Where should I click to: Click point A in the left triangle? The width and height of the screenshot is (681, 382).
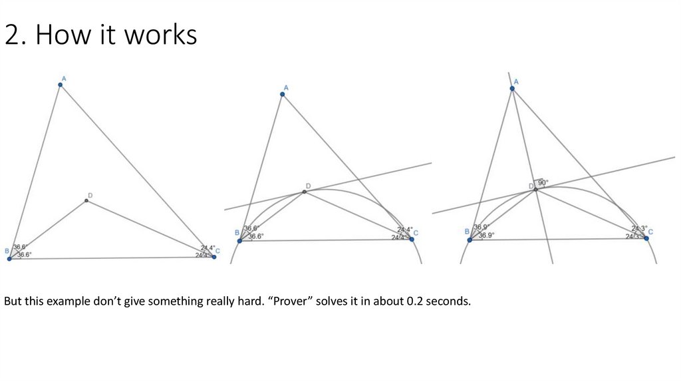pos(60,85)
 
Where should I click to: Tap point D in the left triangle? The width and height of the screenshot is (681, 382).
pos(86,200)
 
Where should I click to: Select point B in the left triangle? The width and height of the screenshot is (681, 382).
pos(9,258)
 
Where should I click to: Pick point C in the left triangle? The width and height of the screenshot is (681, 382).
pos(214,256)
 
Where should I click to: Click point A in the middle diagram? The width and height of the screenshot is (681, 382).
pos(283,95)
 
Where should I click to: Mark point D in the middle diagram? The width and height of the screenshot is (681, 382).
pos(305,192)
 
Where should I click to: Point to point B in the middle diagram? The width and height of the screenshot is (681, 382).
pos(239,240)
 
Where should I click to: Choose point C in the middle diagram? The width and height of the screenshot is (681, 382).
pos(412,239)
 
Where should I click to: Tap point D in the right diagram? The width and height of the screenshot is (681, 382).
pos(535,190)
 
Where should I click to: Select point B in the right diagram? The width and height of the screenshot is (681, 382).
pos(470,239)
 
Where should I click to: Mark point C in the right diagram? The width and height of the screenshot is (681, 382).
pos(646,238)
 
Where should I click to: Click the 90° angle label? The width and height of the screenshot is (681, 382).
pos(543,183)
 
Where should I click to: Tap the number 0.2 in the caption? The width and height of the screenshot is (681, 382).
pos(415,301)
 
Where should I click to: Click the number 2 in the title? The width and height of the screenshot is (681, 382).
pos(11,35)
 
